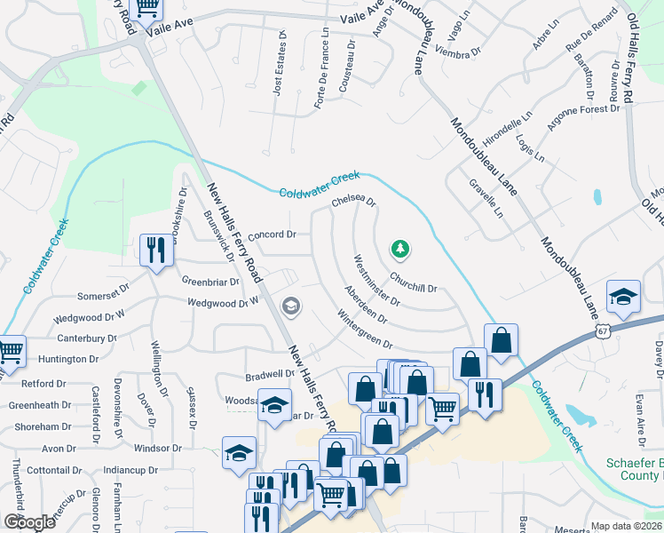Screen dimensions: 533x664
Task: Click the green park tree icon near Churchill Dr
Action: pos(400,249)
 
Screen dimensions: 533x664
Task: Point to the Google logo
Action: pos(29,522)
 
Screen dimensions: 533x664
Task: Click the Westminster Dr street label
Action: pos(376,280)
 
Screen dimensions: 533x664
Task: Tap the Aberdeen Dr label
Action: pos(366,304)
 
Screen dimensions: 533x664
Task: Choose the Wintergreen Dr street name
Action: pos(364,329)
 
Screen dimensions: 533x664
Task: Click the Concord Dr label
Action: pos(271,235)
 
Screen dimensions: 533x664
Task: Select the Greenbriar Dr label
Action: pos(210,282)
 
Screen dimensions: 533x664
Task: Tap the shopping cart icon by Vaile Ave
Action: pos(146,9)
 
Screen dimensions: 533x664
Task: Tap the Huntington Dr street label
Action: pos(68,359)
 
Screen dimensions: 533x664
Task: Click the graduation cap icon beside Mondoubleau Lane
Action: pos(624,297)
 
